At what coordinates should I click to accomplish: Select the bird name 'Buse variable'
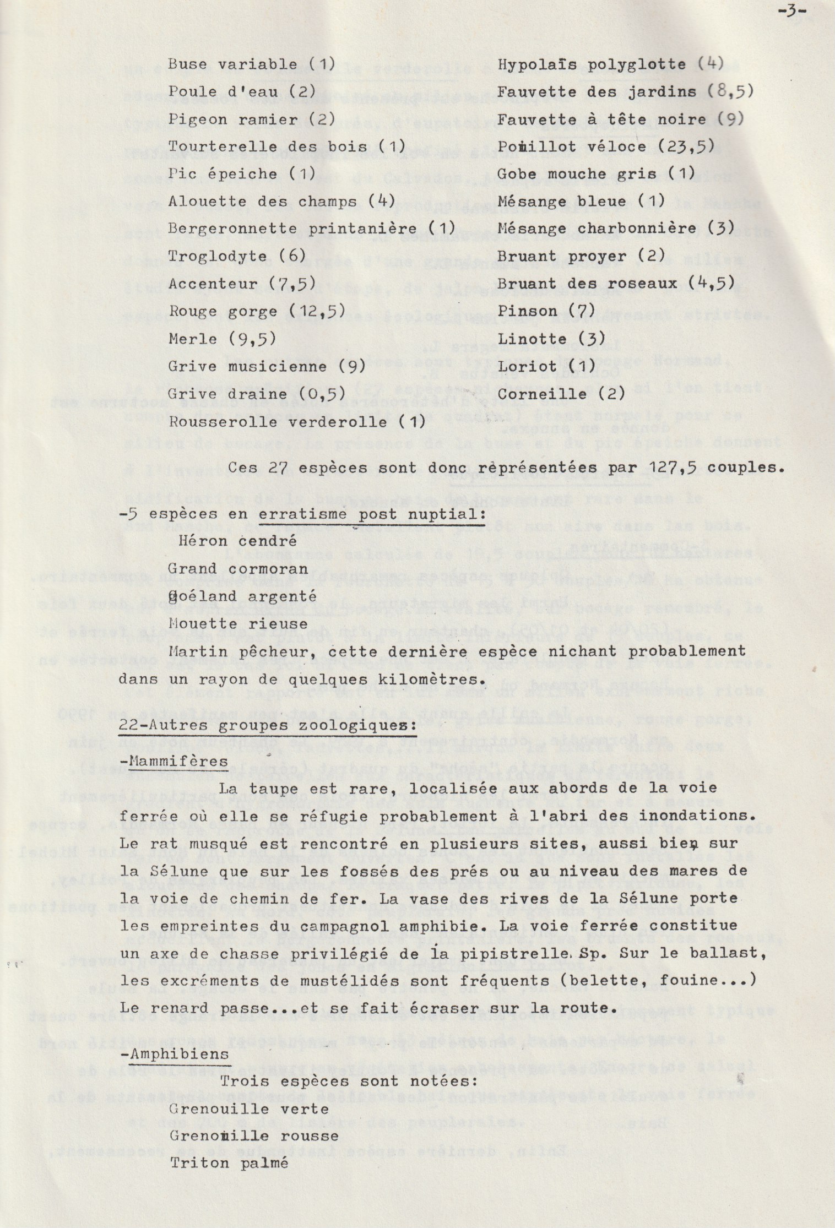click(232, 64)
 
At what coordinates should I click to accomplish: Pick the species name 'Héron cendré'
click(237, 541)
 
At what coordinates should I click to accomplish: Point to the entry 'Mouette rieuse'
click(238, 624)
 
